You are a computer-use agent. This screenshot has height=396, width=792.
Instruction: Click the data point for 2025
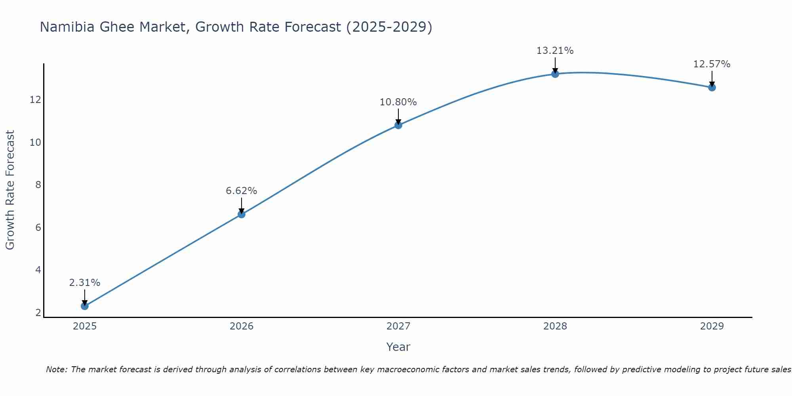[84, 306]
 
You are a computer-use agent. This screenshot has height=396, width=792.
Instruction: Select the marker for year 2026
[241, 214]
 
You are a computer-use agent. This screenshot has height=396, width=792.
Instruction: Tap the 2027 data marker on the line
[398, 125]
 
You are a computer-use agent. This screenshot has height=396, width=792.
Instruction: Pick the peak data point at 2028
[555, 74]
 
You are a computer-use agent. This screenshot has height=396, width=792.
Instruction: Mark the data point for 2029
[712, 88]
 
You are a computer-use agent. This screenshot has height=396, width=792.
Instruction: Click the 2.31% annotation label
[84, 283]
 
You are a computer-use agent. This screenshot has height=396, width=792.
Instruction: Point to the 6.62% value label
[241, 191]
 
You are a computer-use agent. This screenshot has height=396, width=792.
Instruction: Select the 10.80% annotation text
[398, 102]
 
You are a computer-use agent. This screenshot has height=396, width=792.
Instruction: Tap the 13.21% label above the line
[555, 51]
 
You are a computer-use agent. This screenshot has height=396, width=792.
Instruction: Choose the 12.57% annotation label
[712, 64]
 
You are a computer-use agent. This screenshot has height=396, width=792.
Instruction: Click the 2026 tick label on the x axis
[241, 326]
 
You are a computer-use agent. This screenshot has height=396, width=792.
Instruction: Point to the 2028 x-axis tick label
[555, 326]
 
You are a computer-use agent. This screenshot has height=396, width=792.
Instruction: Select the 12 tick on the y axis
[35, 100]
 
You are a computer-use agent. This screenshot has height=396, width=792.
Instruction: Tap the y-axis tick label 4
[38, 270]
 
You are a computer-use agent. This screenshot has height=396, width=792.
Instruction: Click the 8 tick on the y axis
[38, 185]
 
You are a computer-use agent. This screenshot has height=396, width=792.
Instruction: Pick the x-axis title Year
[398, 347]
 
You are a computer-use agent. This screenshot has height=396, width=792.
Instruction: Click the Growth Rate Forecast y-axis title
[10, 190]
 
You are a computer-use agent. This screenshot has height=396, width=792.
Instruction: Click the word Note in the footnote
[57, 369]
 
